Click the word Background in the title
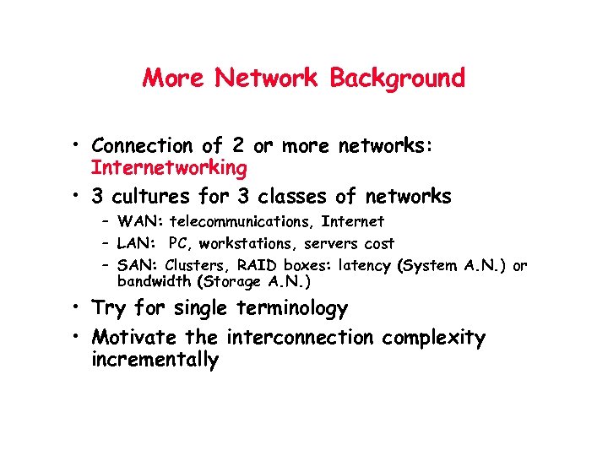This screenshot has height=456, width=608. point(397,79)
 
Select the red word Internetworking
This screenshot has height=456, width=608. point(169,168)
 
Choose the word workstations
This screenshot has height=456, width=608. point(246,244)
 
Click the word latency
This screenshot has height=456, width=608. point(362,266)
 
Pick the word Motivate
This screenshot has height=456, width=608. point(134,338)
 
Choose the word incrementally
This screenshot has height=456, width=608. point(155,361)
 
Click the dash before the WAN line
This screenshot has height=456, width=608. point(109,222)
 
